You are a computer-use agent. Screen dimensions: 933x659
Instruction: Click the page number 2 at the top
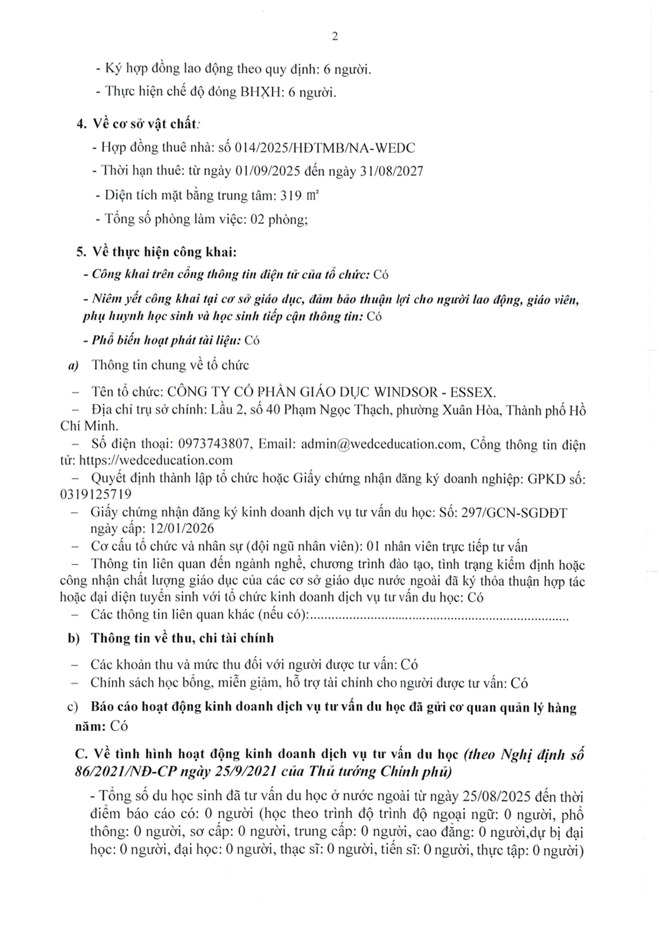point(335,36)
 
